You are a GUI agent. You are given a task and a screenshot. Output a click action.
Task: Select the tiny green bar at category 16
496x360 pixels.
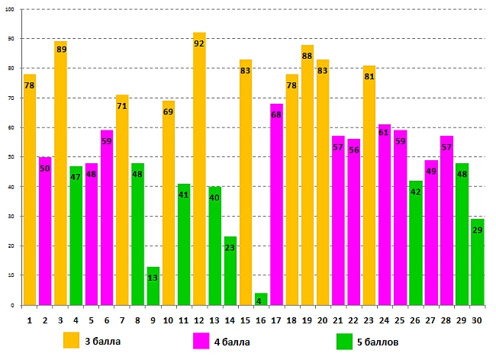point(261,299)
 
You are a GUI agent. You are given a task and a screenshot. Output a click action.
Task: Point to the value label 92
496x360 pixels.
point(199,44)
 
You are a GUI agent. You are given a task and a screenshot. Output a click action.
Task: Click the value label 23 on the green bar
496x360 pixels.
point(230,248)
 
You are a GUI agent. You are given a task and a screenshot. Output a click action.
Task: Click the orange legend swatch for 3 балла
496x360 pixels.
point(72,340)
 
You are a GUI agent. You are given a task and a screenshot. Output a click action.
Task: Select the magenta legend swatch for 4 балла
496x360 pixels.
point(202,340)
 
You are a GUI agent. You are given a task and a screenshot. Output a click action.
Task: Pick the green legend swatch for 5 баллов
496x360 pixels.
point(344,340)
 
